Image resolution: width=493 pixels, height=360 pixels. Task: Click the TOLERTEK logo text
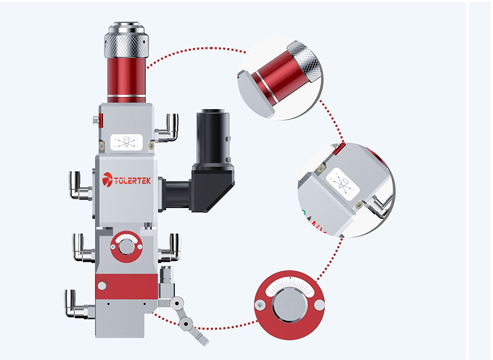(126, 180)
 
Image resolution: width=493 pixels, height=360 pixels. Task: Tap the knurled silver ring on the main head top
(126, 45)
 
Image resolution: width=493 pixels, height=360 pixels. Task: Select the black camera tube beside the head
(213, 136)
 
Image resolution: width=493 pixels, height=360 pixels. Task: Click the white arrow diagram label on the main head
(126, 142)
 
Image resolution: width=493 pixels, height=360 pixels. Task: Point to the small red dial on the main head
(126, 247)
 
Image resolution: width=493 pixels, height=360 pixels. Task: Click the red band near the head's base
(126, 286)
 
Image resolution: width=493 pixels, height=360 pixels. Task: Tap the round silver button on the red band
(102, 286)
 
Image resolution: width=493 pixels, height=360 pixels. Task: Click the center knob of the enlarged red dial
(290, 305)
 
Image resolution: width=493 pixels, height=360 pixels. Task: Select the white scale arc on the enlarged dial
(290, 286)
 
